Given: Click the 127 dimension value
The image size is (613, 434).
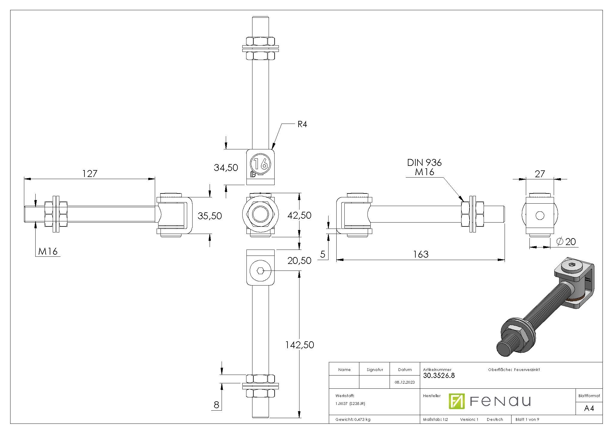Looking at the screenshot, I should [90, 173].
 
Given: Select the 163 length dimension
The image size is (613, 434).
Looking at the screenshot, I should [421, 254].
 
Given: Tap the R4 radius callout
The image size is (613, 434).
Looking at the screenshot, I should [302, 124].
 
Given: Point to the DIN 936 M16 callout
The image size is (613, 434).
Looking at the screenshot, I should [424, 167].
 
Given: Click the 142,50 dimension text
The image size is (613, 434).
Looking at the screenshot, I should [299, 345].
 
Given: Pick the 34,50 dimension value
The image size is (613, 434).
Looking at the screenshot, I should [226, 168].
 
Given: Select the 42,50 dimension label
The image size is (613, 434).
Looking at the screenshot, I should [299, 215].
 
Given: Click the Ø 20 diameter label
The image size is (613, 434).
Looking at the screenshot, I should [566, 241].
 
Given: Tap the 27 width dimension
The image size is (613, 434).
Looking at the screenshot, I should [540, 174].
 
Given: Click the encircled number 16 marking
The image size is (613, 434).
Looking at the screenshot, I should [260, 164].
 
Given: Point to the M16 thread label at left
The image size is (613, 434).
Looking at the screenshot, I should [48, 251].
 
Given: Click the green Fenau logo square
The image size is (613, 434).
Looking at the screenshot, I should [456, 401].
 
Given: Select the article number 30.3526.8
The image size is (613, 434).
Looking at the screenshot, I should [439, 376].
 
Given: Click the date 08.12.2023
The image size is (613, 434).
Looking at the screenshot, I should [405, 382].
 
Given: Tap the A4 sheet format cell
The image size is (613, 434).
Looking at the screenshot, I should [589, 409].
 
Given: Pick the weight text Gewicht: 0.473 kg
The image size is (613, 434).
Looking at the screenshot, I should [353, 420].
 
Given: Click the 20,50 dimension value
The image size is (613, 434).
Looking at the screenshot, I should [299, 261].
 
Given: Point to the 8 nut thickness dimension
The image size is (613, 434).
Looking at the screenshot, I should [216, 405].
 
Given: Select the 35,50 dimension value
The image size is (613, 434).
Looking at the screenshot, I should [210, 216].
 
